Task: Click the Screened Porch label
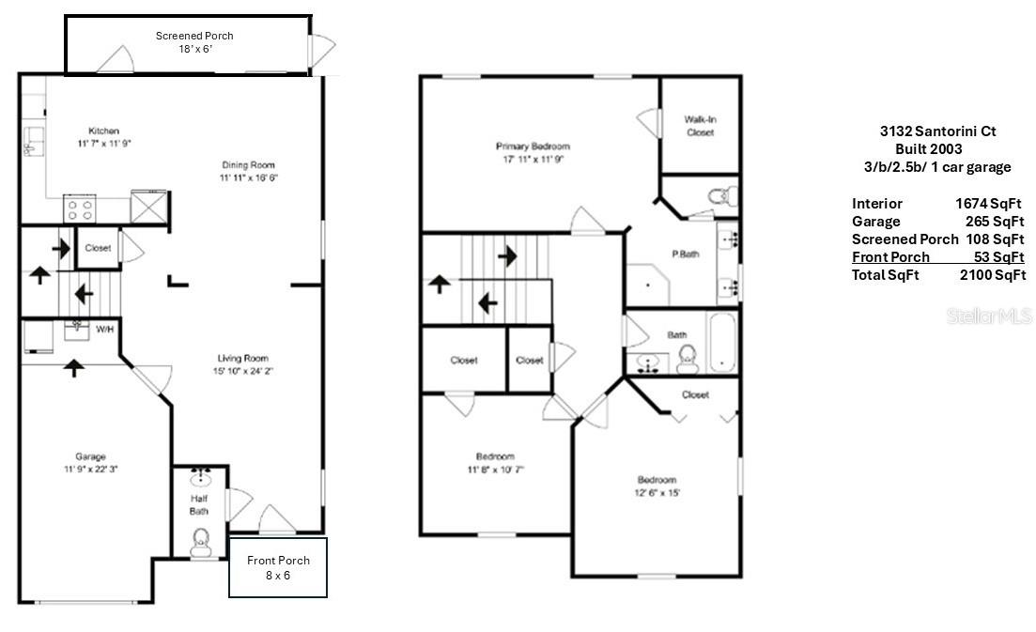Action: pos(194,36)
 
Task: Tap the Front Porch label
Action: pos(278,560)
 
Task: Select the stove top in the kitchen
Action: pos(80,208)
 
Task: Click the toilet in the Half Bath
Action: pos(200,543)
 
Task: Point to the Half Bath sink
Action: pos(200,477)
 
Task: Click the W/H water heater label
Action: pos(105,329)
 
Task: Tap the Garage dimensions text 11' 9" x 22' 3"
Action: pos(90,469)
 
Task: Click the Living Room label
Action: pos(243,358)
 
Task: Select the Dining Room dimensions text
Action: pos(248,177)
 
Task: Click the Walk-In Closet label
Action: pos(701,126)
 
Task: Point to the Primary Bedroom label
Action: pos(533,146)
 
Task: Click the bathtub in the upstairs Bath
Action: pos(722,342)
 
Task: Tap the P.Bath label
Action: pos(685,254)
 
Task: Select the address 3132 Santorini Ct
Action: pos(937,131)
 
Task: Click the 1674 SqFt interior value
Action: pos(988,204)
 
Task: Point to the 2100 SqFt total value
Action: pos(993,275)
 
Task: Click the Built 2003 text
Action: pos(928,148)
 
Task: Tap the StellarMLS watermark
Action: pos(988,316)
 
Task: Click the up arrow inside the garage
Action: pos(74,368)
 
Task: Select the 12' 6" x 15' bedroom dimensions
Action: pos(657,493)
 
